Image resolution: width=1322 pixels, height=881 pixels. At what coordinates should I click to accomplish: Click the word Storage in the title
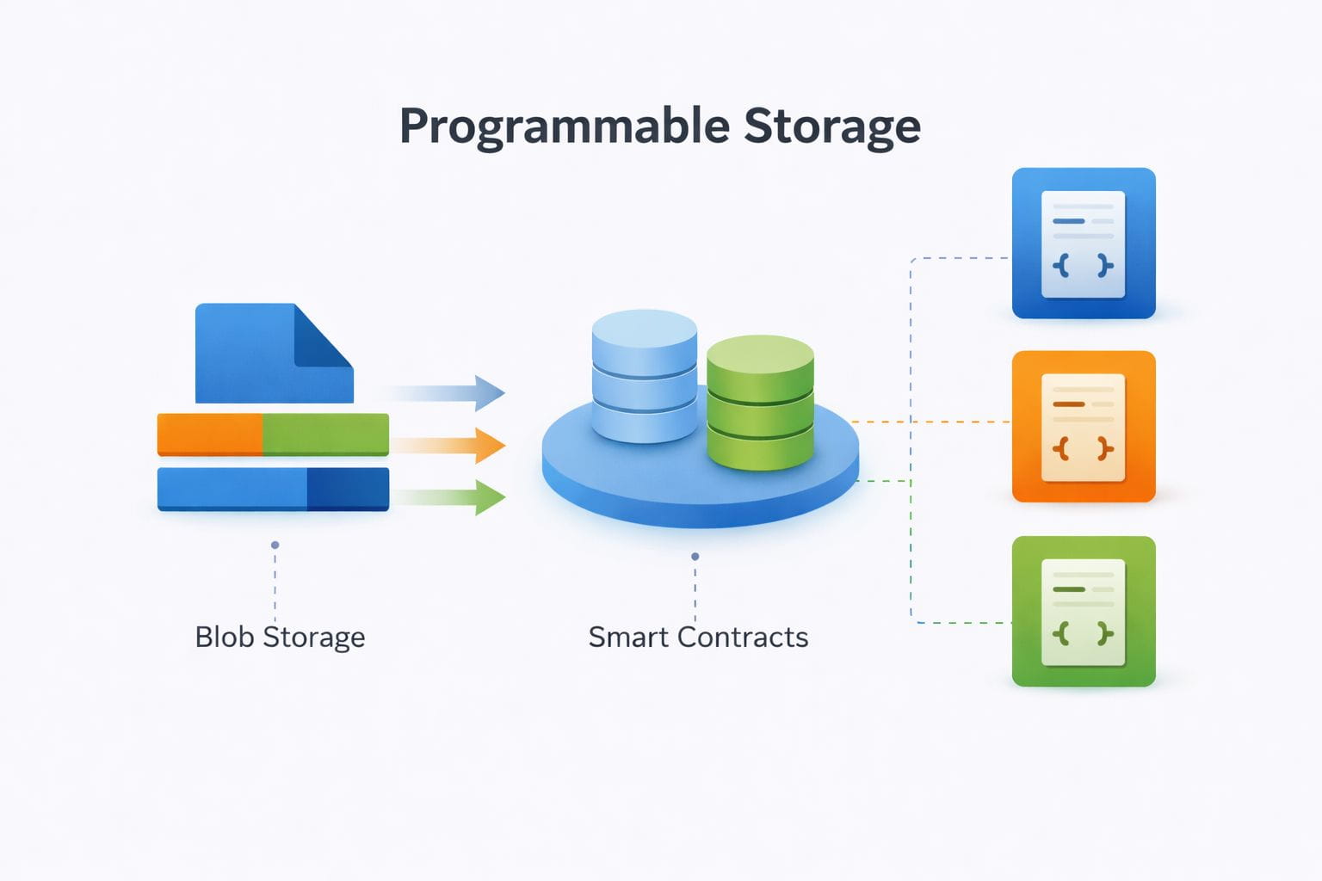[832, 127]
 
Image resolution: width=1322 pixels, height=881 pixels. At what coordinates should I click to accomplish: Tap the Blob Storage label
[280, 638]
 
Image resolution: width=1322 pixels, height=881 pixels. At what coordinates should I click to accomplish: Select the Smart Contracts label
[698, 638]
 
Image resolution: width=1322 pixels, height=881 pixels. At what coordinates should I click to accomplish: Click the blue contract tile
[1084, 243]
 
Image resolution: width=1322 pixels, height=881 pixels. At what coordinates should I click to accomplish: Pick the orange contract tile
[1084, 427]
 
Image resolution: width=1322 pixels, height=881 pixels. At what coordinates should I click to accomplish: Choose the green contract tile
[1084, 612]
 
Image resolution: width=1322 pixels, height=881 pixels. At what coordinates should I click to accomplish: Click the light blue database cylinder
[645, 376]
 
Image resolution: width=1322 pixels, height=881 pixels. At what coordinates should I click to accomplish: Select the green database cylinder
[760, 402]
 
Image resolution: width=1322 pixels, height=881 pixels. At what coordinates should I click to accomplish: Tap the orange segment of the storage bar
[209, 434]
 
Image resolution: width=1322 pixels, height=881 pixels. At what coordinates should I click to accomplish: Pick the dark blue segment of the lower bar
[348, 489]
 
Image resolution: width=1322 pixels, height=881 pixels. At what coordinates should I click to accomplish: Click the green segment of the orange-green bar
[325, 434]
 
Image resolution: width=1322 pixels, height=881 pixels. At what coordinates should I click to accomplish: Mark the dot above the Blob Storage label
[275, 545]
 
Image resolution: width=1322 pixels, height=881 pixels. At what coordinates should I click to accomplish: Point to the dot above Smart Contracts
[695, 557]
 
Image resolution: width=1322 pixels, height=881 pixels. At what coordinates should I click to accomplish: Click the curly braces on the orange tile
[1084, 449]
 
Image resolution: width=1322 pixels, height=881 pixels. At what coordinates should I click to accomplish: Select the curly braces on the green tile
[1084, 634]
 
